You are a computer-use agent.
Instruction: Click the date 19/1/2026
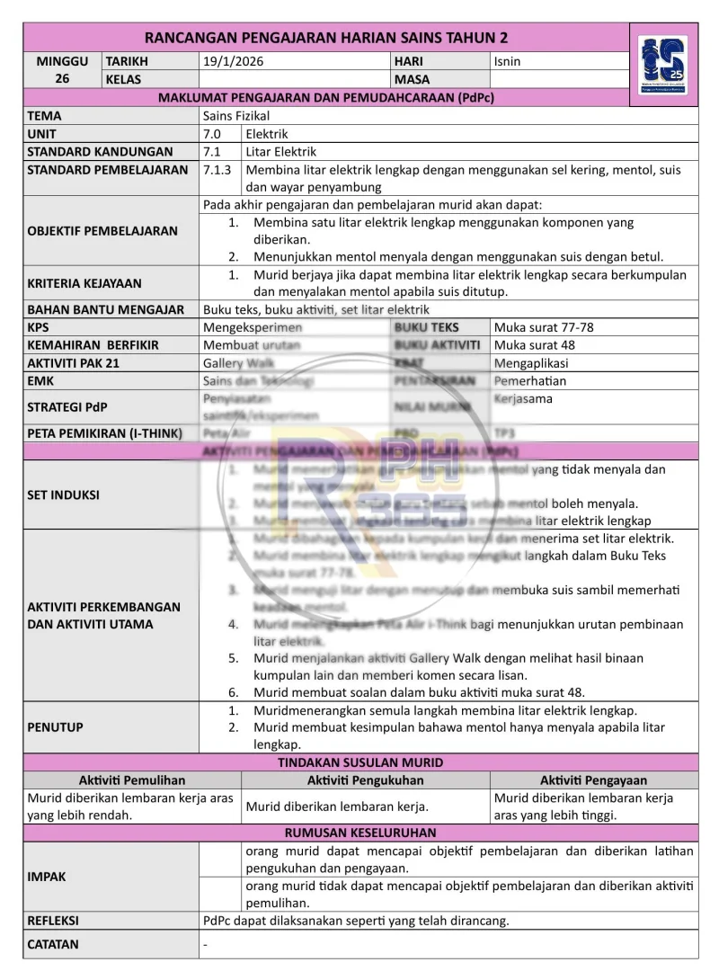233,61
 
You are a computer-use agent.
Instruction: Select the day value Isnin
507,61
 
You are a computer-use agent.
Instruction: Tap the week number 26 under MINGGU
62,79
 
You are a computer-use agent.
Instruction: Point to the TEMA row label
45,116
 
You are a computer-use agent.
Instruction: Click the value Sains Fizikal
236,116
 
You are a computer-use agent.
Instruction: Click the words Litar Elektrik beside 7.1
280,152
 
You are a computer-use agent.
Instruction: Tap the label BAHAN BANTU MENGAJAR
105,309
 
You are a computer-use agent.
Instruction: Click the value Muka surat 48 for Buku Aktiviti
535,345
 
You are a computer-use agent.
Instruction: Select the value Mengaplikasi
531,363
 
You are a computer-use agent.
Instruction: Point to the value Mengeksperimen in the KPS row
253,327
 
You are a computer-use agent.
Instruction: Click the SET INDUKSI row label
64,494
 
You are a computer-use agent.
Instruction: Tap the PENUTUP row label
56,726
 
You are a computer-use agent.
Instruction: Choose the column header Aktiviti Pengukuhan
365,780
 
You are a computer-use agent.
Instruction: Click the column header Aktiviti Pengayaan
593,780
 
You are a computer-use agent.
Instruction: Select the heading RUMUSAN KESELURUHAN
360,833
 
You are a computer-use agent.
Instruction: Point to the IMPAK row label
47,877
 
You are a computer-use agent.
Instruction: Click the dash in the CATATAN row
206,945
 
